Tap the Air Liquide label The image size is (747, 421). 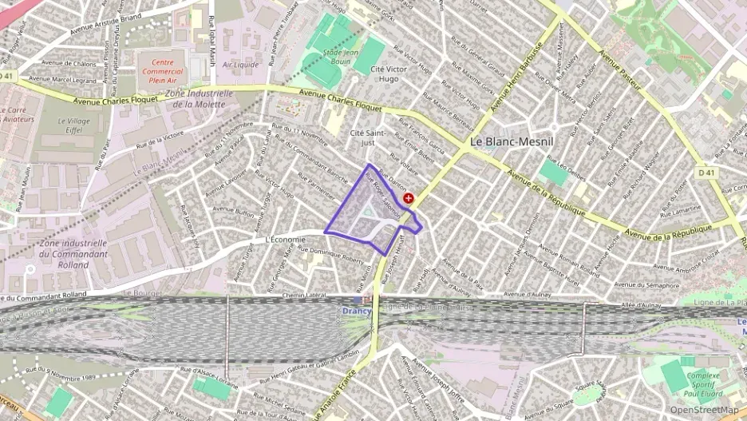(239, 65)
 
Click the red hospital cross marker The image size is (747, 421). (409, 198)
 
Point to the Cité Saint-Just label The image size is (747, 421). (363, 137)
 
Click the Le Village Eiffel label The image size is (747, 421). (68, 127)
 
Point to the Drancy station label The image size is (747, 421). (356, 311)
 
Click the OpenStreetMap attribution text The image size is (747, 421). (704, 411)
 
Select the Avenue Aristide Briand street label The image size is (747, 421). (105, 24)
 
